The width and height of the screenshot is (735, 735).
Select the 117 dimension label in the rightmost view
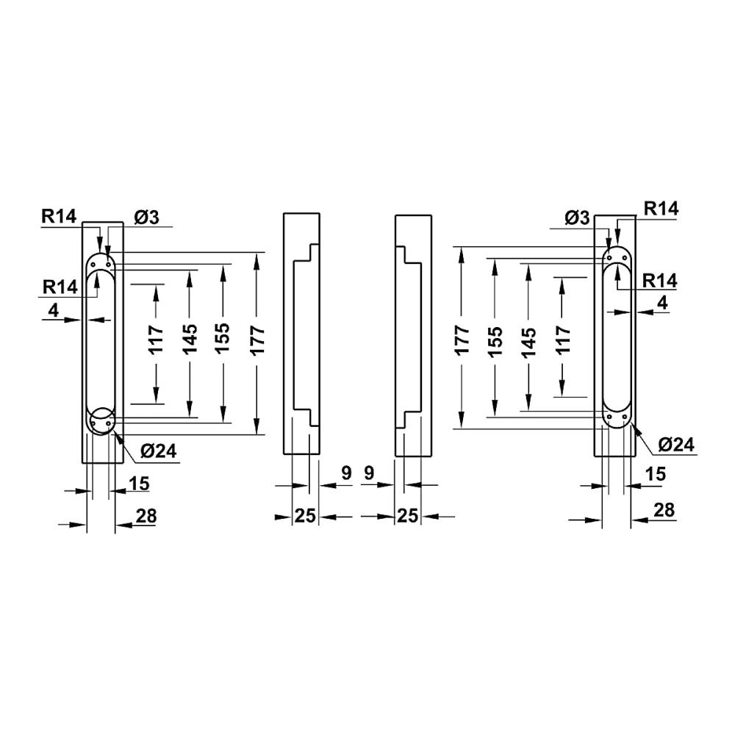click(562, 338)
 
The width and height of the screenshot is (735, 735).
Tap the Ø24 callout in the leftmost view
click(159, 451)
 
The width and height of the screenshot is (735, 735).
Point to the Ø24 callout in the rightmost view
click(676, 445)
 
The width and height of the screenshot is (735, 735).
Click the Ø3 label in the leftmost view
click(147, 217)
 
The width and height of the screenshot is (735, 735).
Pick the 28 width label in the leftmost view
click(146, 516)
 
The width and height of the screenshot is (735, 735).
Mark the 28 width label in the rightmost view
click(664, 509)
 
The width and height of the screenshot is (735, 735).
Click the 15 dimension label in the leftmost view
click(139, 484)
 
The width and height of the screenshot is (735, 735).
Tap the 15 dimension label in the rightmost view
click(656, 474)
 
